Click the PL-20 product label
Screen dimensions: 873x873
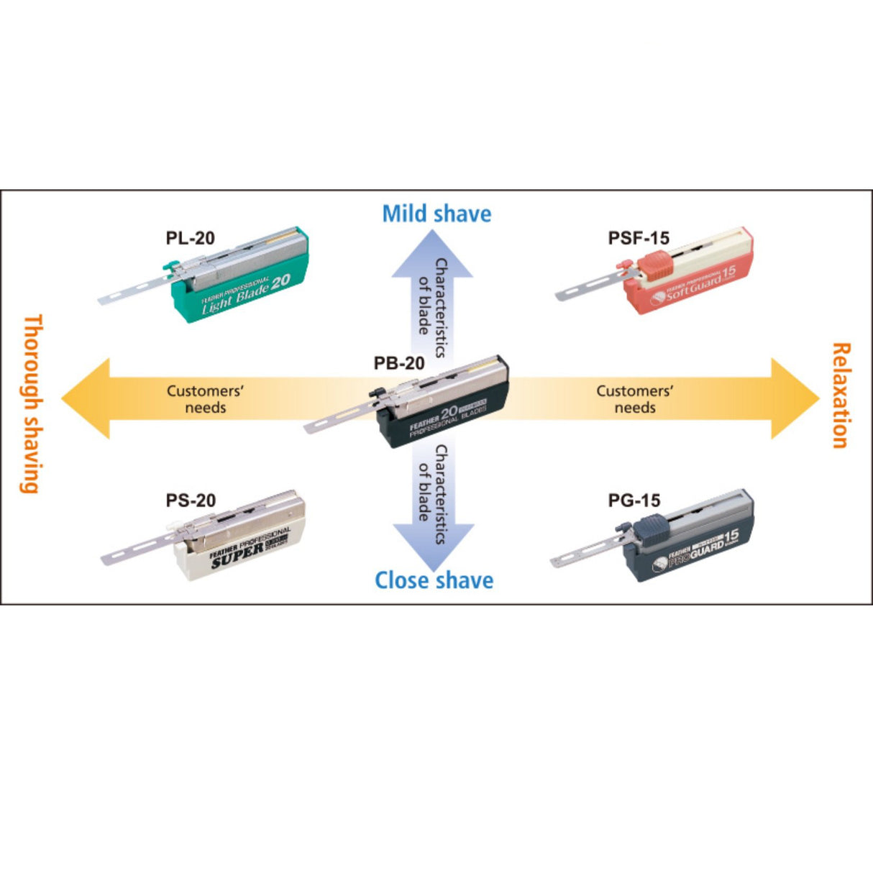(190, 238)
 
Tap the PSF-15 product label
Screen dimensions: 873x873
(639, 238)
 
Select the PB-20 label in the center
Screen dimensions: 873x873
(399, 363)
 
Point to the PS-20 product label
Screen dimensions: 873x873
(191, 501)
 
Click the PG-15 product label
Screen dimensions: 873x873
(634, 501)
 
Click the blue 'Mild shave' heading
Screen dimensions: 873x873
(436, 214)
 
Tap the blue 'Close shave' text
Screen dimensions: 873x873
(434, 580)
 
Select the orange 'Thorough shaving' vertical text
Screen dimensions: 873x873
(30, 403)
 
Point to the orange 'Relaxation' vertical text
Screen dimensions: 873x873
(840, 395)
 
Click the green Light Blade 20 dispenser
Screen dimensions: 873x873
(244, 277)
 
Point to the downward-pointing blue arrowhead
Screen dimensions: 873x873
(433, 543)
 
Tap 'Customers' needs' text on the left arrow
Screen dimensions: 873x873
(205, 399)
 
